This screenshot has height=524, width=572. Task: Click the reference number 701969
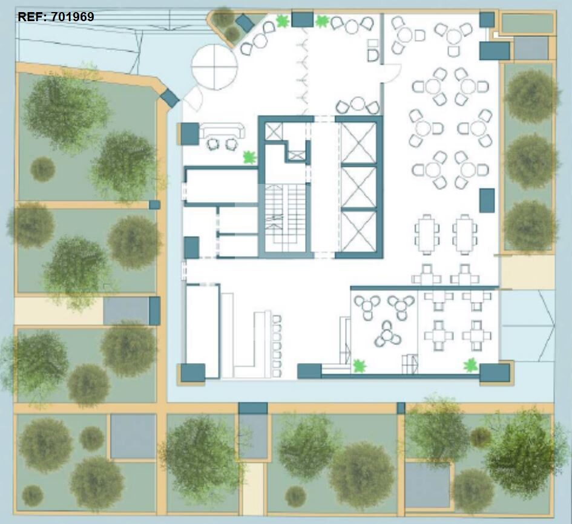pos(73,17)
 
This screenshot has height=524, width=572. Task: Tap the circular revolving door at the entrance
pos(214,67)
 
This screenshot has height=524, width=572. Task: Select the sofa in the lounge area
pos(223,129)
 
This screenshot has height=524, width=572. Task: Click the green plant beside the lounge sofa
pos(250,157)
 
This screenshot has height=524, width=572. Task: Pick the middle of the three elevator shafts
pos(358,188)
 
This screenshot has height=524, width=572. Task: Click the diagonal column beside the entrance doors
pos(170,97)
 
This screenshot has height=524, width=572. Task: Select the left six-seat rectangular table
pos(427,234)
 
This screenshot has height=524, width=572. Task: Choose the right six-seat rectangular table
pos(464,234)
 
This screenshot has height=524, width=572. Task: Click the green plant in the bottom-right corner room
pos(471,365)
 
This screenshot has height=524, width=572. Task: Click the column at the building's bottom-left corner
pos(193,373)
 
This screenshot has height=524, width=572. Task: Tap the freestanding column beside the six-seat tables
pos(487,200)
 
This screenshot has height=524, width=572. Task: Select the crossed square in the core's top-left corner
pos(274,131)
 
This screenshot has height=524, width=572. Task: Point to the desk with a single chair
pos(372,50)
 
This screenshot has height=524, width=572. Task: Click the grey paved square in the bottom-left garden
pos(133,436)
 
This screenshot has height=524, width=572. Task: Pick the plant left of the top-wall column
pos(283,21)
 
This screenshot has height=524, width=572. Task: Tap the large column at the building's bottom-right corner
pos(495,373)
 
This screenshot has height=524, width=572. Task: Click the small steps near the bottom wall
pos(410,363)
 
